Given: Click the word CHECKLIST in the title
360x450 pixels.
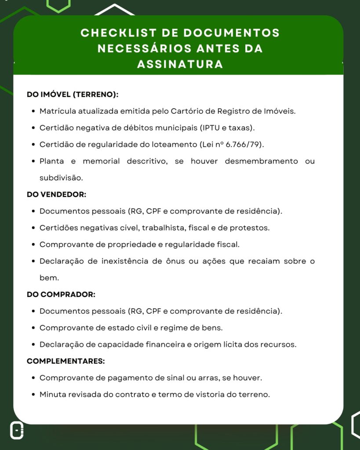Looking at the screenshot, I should [114, 33].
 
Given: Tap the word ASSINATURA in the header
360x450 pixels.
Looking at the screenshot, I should [180, 65].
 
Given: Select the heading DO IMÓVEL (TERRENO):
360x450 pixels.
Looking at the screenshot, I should [73, 94].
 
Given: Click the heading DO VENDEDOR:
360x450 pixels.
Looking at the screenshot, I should [56, 194].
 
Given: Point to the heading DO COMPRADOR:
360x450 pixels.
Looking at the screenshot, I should [61, 294].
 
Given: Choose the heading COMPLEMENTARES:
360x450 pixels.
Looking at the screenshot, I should [65, 361].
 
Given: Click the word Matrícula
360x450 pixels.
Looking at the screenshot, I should [57, 111].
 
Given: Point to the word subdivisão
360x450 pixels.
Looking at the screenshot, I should [61, 178].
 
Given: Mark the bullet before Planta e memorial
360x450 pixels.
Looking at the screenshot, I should [33, 161].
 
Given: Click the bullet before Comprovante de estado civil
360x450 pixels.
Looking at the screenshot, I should [33, 328].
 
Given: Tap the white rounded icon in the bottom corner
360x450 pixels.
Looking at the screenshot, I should [17, 431].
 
